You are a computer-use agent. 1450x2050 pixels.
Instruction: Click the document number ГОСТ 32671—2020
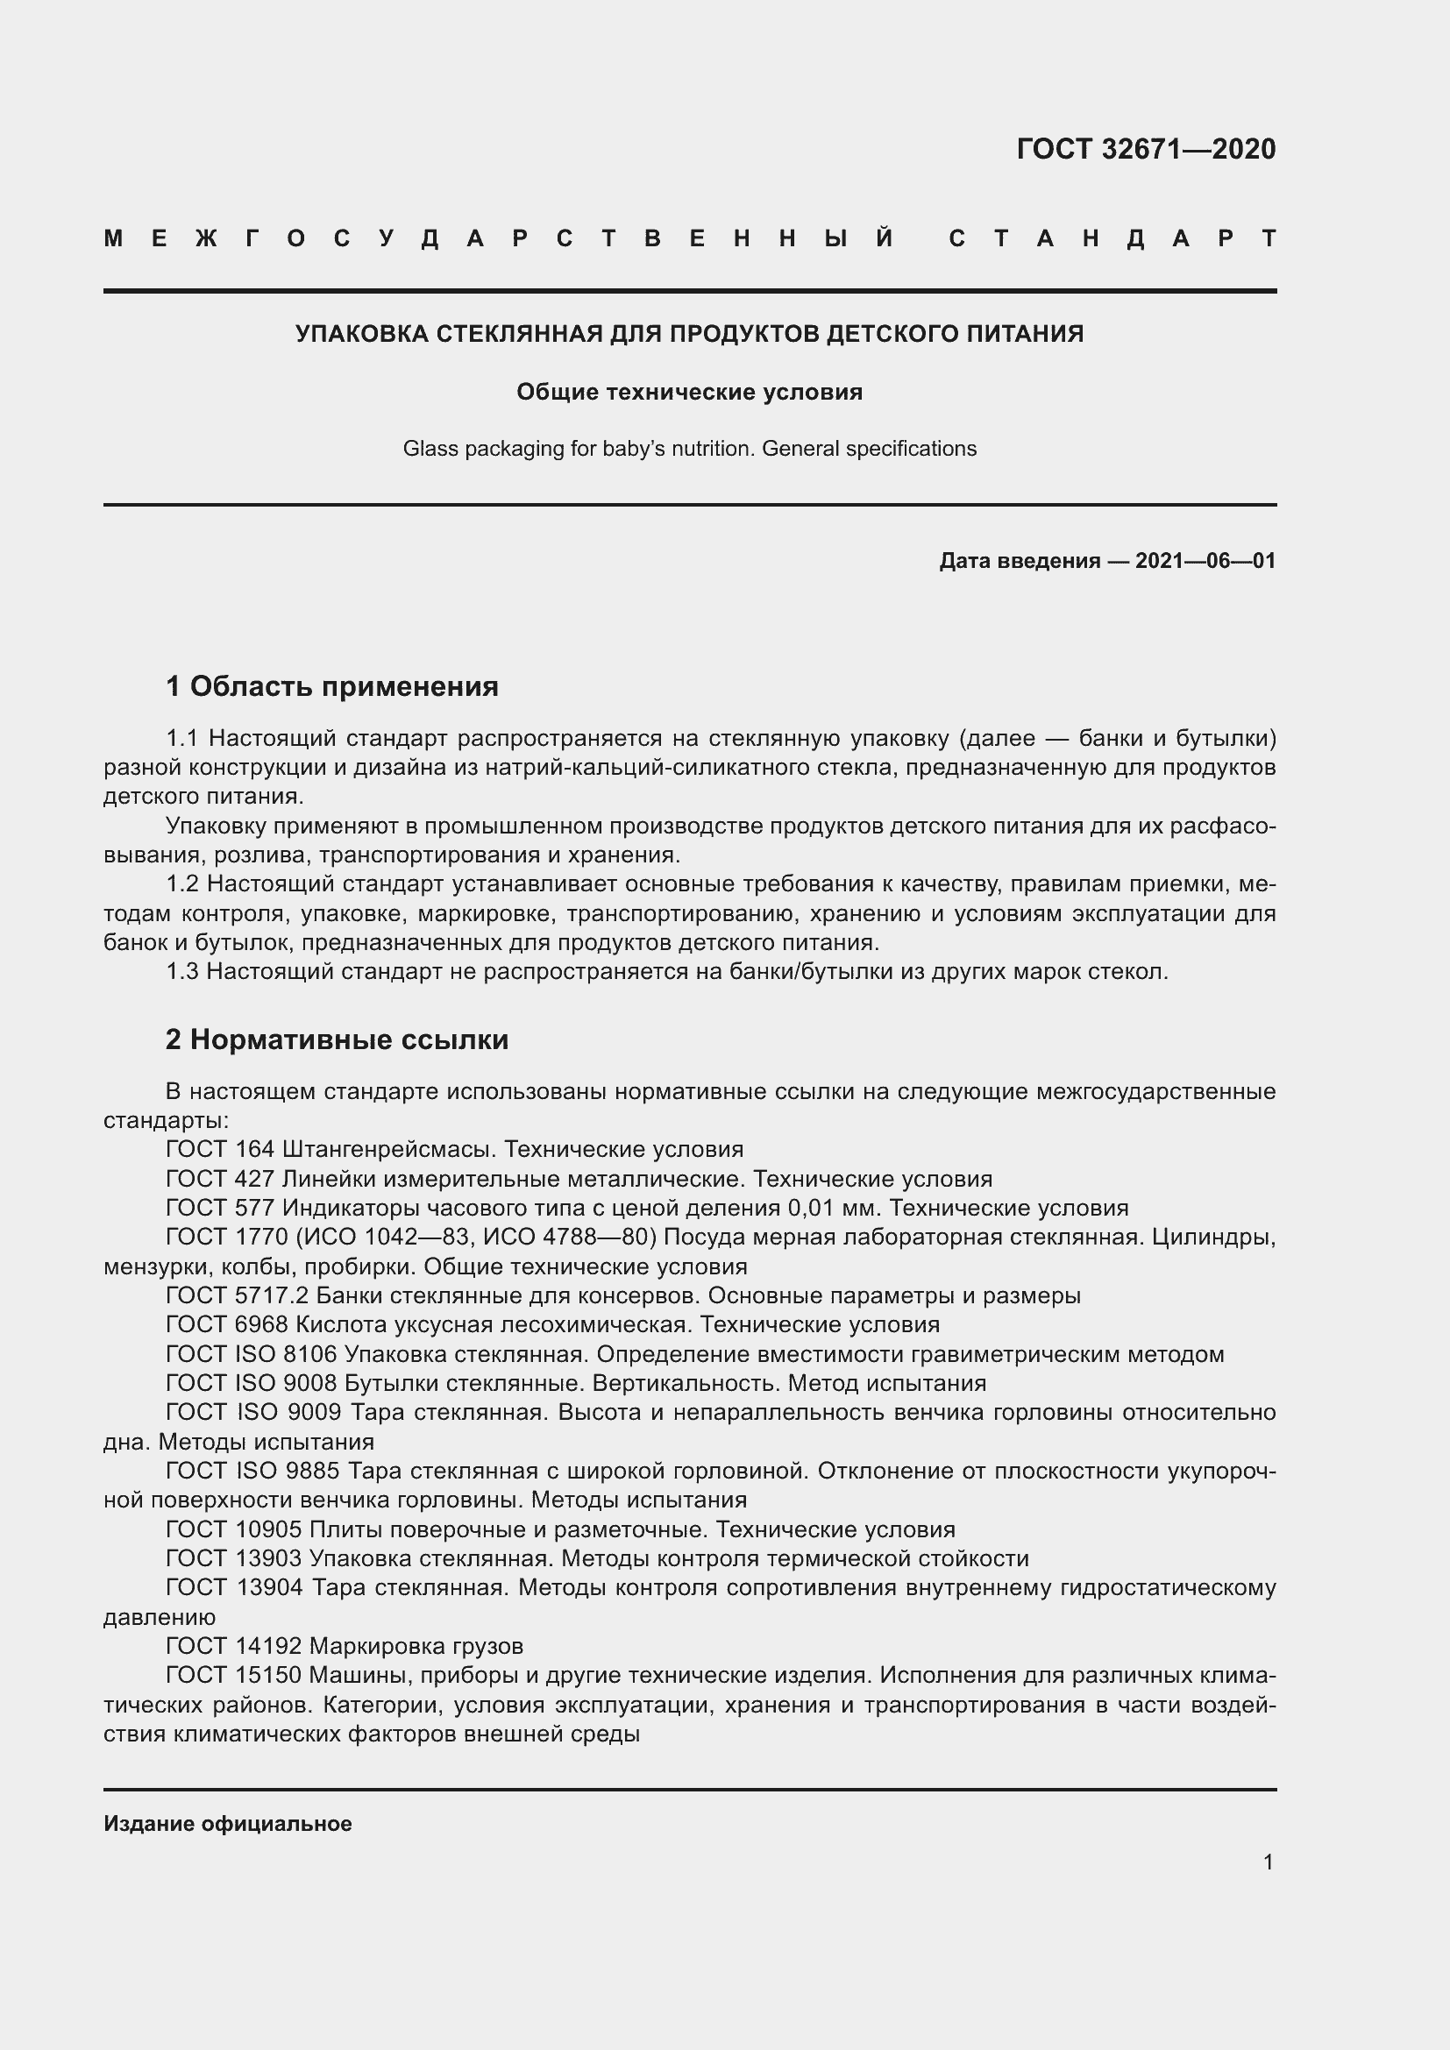pyautogui.click(x=1146, y=149)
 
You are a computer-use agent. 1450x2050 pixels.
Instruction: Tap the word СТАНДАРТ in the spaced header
pyautogui.click(x=1112, y=239)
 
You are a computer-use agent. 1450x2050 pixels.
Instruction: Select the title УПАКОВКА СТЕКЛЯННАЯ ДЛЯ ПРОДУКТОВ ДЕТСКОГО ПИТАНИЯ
pyautogui.click(x=689, y=334)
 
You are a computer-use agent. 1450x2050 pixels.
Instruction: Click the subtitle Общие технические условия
pyautogui.click(x=689, y=392)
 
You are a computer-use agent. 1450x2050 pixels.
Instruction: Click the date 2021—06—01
pyautogui.click(x=1205, y=561)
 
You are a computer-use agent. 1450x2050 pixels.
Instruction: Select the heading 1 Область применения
pyautogui.click(x=332, y=685)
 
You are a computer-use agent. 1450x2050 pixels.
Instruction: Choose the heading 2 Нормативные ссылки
pyautogui.click(x=337, y=1039)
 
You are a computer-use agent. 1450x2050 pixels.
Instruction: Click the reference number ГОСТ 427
pyautogui.click(x=220, y=1179)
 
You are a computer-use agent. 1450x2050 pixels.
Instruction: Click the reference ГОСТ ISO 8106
pyautogui.click(x=251, y=1354)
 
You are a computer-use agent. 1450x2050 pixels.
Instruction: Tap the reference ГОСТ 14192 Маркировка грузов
pyautogui.click(x=345, y=1646)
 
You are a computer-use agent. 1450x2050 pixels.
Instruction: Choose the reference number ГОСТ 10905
pyautogui.click(x=234, y=1529)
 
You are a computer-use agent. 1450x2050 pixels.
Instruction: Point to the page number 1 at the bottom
pyautogui.click(x=1268, y=1862)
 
